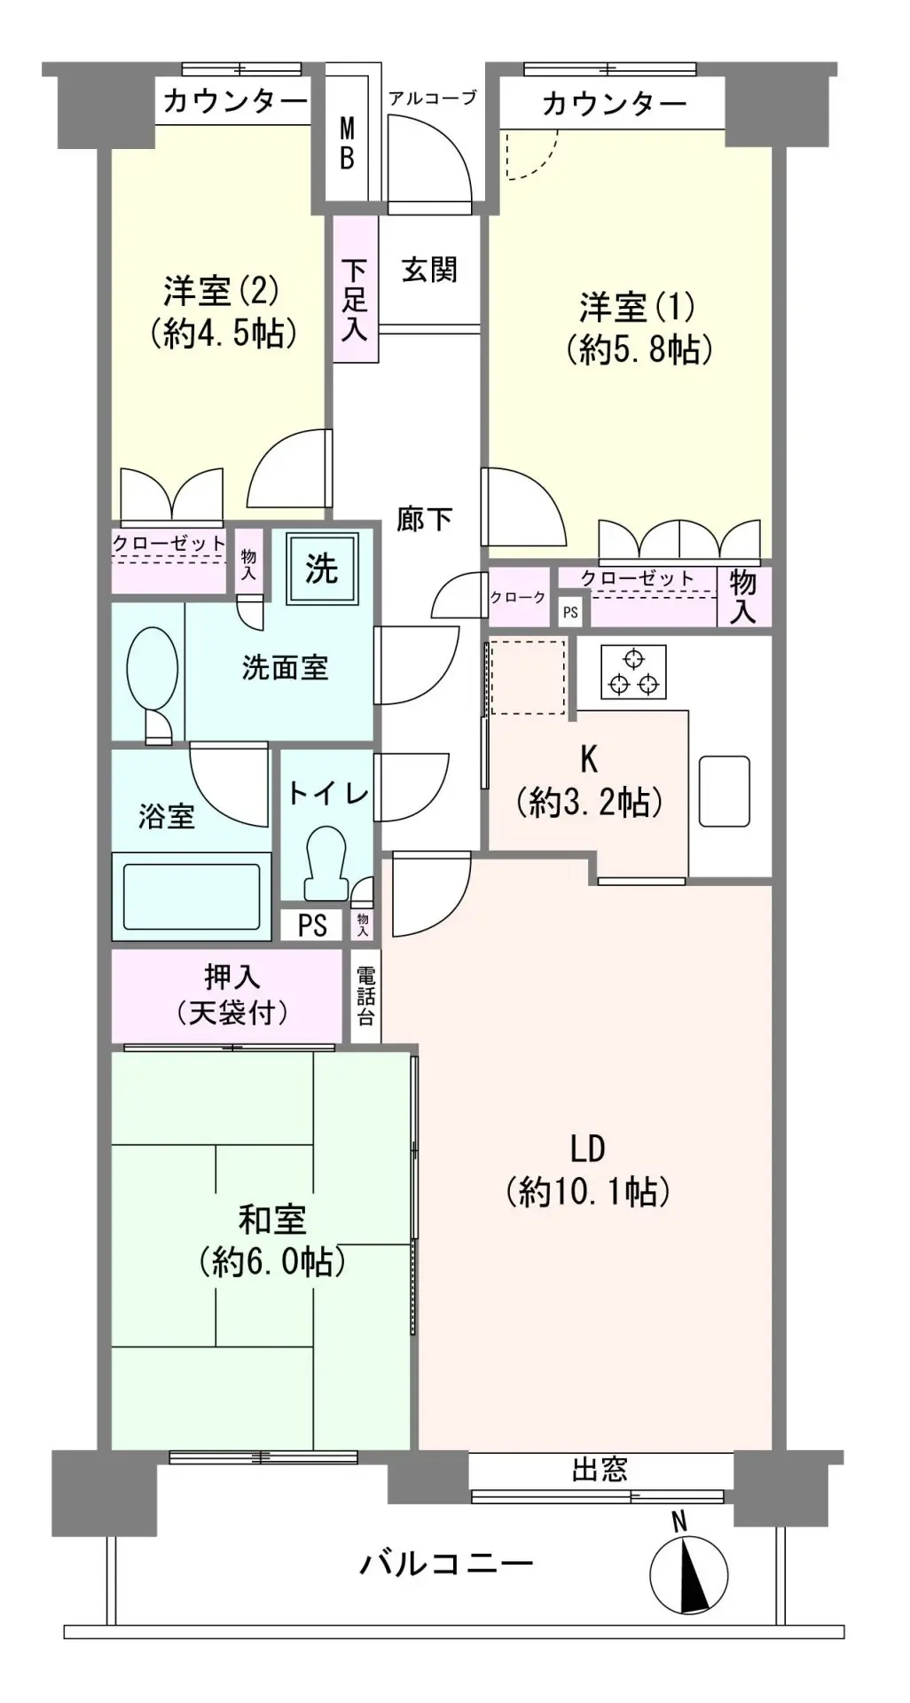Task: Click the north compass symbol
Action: [x=687, y=1575]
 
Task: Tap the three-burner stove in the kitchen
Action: [x=633, y=671]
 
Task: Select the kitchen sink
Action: [x=725, y=791]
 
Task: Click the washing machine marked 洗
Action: [x=322, y=568]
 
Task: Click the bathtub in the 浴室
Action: [x=192, y=896]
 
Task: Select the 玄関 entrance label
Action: [x=429, y=270]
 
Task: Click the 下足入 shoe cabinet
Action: [x=356, y=289]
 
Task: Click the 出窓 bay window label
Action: [x=600, y=1470]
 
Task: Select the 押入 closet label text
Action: [x=232, y=977]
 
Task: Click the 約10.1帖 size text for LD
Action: [x=588, y=1191]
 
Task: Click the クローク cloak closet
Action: [x=518, y=597]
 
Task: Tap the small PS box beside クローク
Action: [x=569, y=612]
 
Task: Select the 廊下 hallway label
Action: [x=425, y=519]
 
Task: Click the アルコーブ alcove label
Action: [x=433, y=98]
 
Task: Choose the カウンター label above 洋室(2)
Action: [x=235, y=103]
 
